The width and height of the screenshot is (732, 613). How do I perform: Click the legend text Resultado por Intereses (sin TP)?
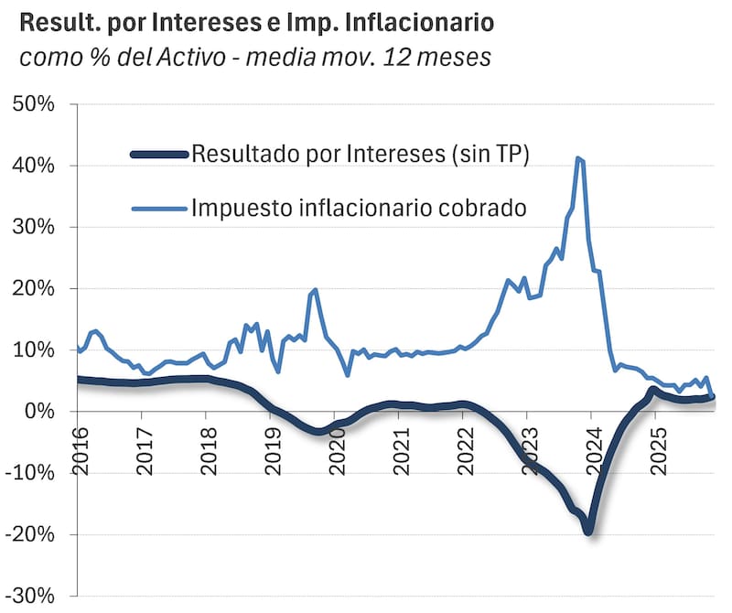(361, 154)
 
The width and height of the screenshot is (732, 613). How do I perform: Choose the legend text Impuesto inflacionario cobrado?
(359, 207)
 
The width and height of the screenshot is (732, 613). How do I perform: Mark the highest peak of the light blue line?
(577, 158)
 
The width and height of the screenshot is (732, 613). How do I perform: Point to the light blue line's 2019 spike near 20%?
(316, 290)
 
